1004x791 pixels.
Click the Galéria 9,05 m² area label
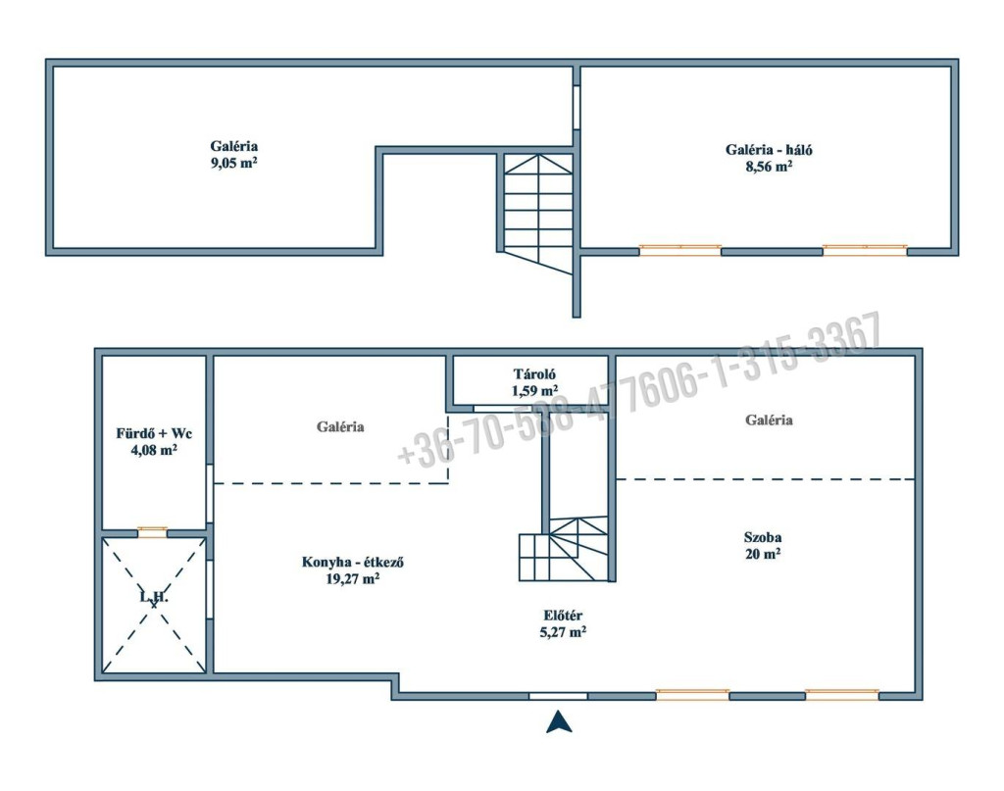click(233, 154)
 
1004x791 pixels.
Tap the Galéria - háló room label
click(769, 150)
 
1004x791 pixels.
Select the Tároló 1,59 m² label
click(534, 382)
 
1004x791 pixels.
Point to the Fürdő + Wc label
click(154, 433)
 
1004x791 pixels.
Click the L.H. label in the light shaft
click(154, 597)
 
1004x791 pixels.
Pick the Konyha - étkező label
click(353, 563)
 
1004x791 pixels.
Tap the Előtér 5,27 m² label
click(563, 624)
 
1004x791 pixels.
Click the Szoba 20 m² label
click(763, 545)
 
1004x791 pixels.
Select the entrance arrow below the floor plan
click(559, 721)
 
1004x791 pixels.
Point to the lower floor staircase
click(564, 549)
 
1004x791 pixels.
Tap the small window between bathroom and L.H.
click(152, 531)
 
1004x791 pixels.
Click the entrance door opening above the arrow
click(558, 696)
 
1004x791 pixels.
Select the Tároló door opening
click(495, 409)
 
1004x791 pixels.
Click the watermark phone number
click(639, 390)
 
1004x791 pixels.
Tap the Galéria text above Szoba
click(769, 420)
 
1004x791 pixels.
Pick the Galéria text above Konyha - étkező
click(340, 426)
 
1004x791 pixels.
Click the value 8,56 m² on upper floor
click(769, 167)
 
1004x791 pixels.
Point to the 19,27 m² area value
click(353, 578)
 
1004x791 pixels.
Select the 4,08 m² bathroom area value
click(154, 449)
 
